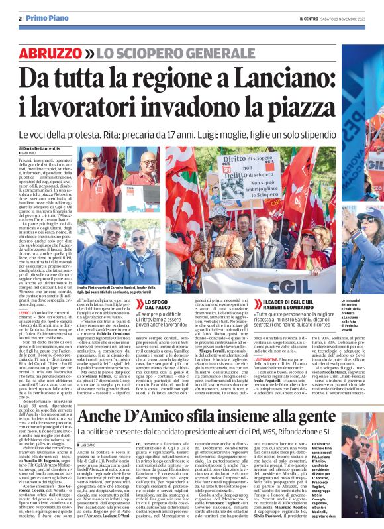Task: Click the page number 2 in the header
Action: tap(21, 18)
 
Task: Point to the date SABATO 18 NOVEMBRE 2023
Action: tap(343, 18)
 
